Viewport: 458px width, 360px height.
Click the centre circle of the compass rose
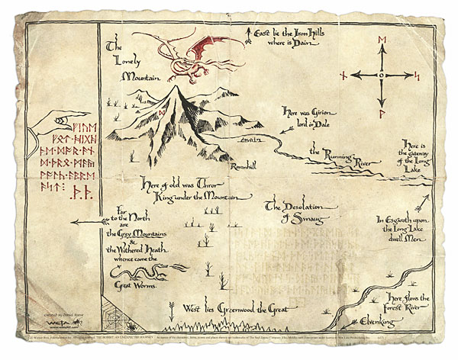[x=380, y=76]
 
